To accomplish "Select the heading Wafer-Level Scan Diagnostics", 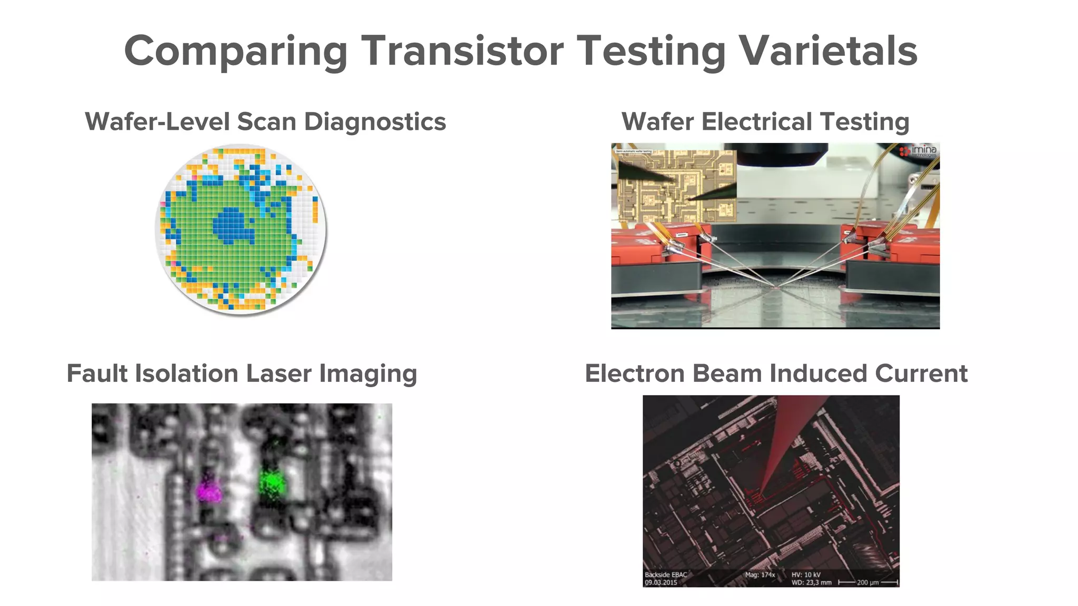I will click(265, 122).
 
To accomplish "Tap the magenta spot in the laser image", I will click(209, 491).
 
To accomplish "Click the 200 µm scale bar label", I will click(868, 582).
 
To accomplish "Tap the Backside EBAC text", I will click(666, 574).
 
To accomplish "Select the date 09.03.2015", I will click(661, 582).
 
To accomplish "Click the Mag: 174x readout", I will click(760, 574).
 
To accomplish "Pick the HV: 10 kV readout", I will click(806, 574).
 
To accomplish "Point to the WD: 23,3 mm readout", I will click(811, 582).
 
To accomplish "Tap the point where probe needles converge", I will click(775, 287).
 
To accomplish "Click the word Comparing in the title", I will click(235, 51).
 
